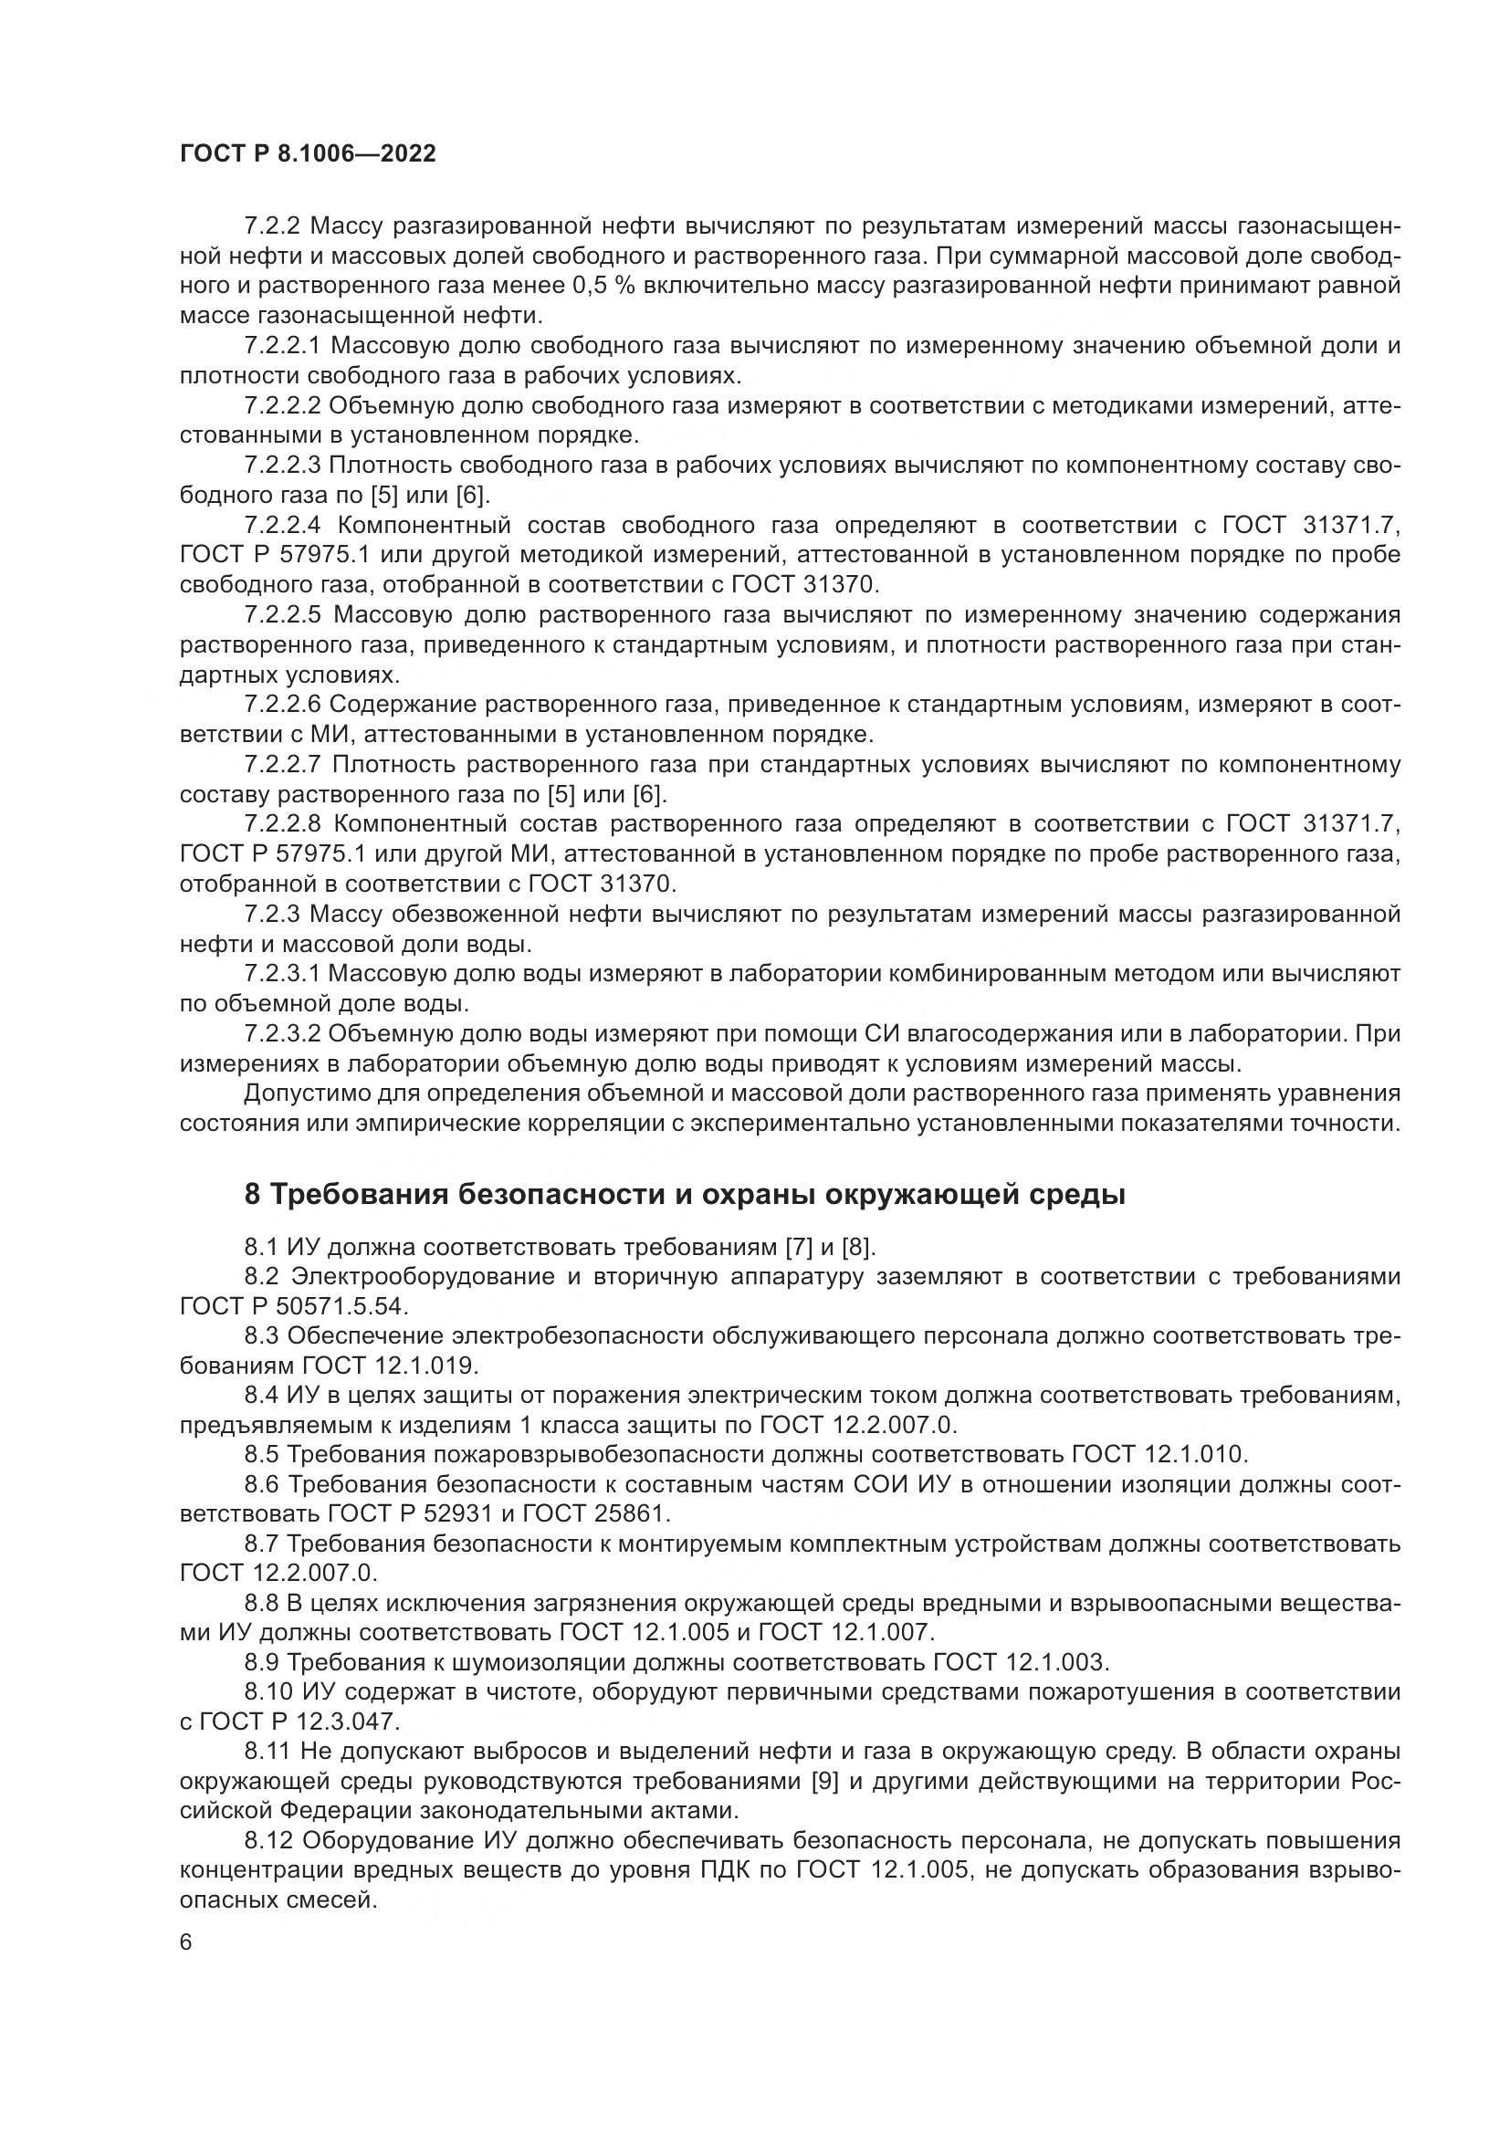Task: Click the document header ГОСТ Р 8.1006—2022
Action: [x=308, y=154]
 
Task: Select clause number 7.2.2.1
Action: [x=283, y=346]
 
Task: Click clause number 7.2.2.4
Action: [x=283, y=526]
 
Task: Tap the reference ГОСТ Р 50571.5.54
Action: [x=293, y=1306]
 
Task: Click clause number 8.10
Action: [x=268, y=1691]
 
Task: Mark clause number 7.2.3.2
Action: [x=283, y=1033]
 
